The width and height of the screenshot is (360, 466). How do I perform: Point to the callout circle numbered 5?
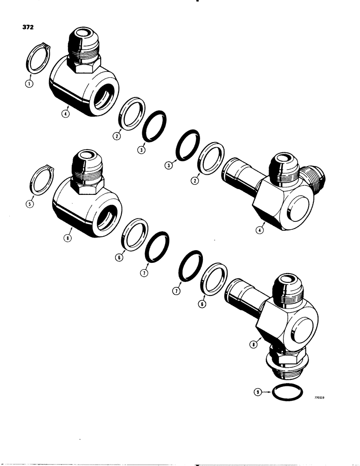click(x=30, y=203)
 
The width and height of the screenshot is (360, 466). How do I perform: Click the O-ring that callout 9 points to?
click(x=285, y=392)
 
